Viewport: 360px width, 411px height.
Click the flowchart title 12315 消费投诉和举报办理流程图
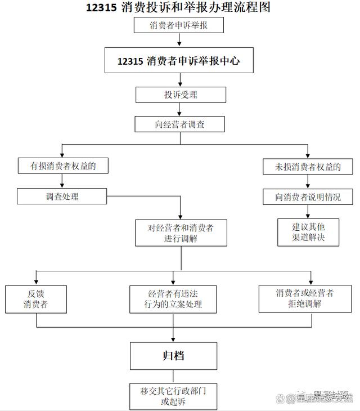click(178, 8)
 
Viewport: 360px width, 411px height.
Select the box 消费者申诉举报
click(179, 25)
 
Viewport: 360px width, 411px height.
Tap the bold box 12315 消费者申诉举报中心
click(178, 61)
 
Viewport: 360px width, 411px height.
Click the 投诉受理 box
click(181, 95)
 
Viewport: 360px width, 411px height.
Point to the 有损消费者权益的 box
click(62, 166)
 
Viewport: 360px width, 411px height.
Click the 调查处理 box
click(62, 196)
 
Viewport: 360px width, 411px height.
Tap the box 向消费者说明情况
click(308, 197)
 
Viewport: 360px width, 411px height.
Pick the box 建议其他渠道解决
click(308, 232)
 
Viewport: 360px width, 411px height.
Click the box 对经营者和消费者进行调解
click(181, 233)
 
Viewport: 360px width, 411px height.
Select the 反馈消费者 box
click(36, 299)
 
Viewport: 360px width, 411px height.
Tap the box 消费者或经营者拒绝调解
click(305, 298)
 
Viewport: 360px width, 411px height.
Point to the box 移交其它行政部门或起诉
click(173, 396)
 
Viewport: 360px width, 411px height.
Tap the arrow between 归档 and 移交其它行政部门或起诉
click(173, 377)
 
